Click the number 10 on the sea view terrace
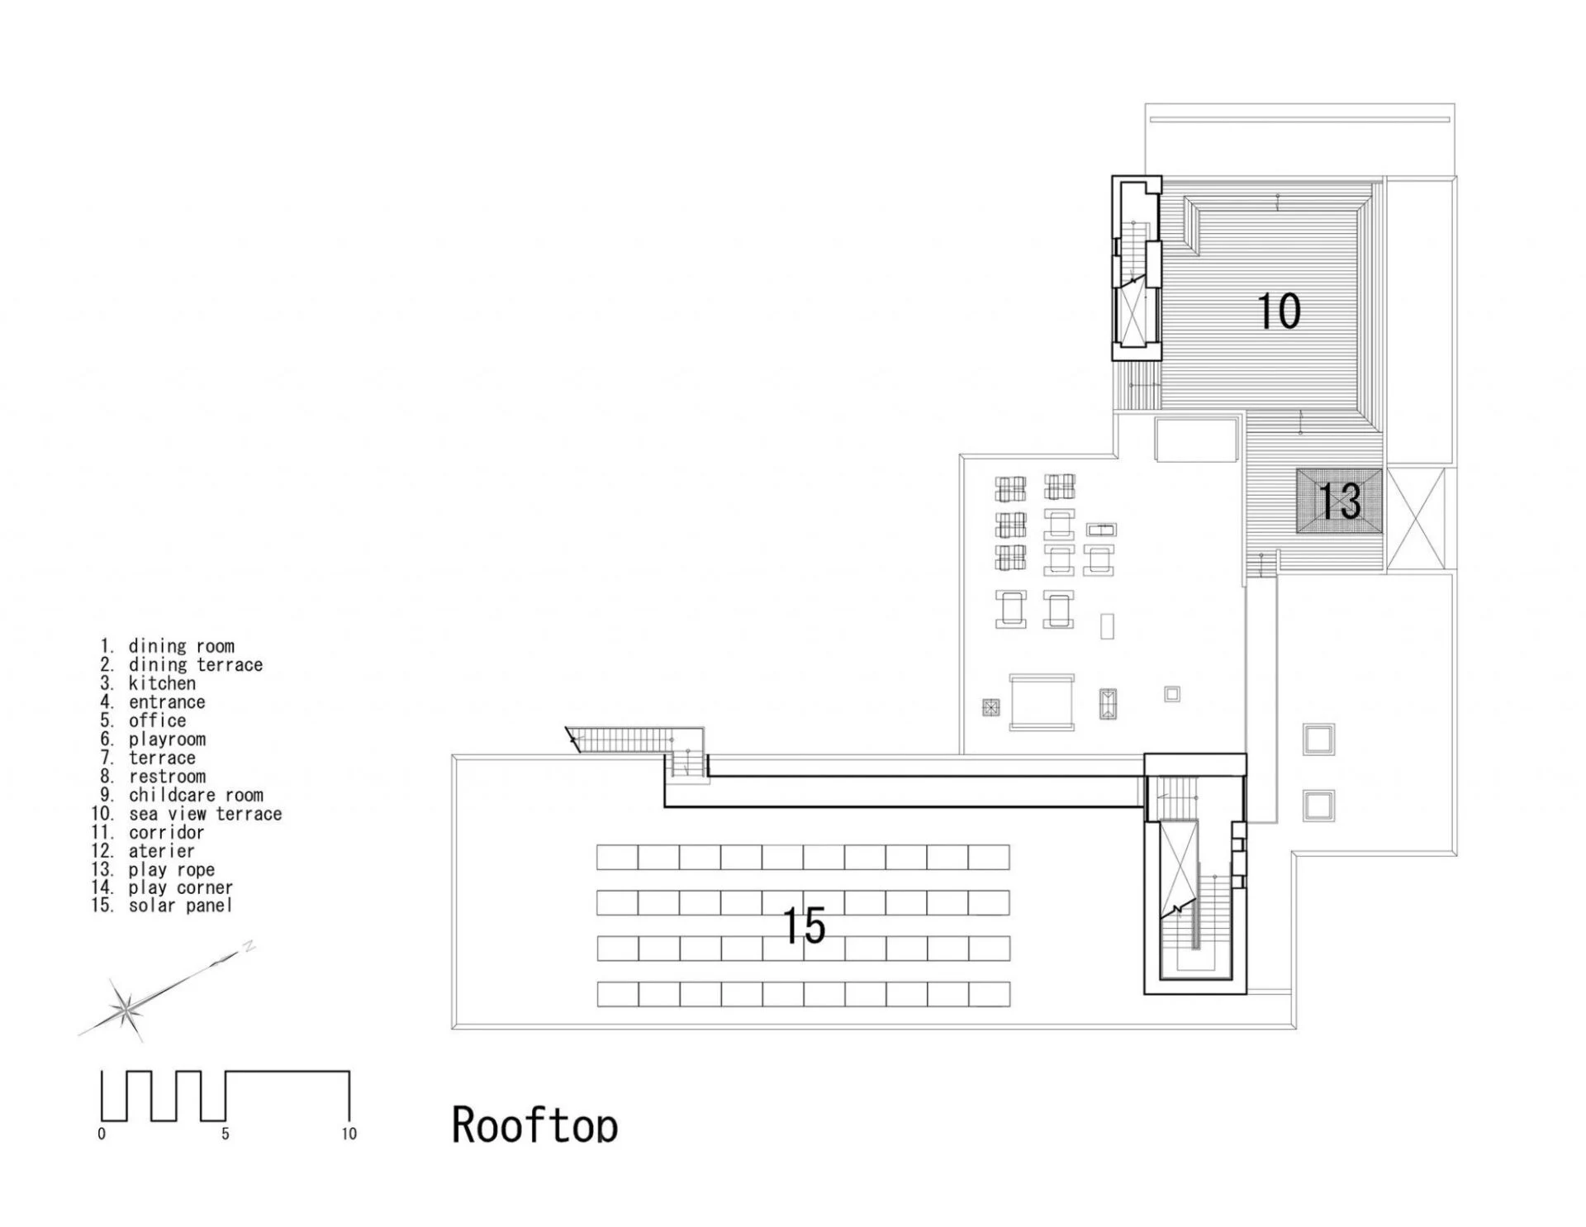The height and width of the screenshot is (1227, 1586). [1279, 312]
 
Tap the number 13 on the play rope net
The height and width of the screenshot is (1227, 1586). [1339, 502]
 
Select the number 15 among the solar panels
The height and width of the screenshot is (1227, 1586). [803, 925]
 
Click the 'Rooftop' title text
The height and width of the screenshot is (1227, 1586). [534, 1125]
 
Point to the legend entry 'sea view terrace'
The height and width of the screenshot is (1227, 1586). [205, 814]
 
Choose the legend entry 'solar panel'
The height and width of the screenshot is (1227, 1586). [180, 906]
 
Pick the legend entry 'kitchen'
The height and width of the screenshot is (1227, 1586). [162, 683]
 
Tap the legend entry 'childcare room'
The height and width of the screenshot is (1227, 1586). [196, 795]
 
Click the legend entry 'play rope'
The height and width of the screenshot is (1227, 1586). [171, 869]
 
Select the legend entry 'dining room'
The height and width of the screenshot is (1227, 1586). [181, 646]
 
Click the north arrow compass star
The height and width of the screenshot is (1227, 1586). [126, 1007]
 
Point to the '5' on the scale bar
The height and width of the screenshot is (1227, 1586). [225, 1134]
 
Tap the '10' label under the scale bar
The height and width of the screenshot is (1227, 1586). [349, 1134]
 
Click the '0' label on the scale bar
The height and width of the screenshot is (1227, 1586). [102, 1134]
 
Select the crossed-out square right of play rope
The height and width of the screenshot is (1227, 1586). [1416, 518]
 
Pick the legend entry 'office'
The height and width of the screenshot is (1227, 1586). [157, 721]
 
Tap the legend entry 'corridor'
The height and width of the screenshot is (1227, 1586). [166, 832]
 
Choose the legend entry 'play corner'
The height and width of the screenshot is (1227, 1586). [180, 887]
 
